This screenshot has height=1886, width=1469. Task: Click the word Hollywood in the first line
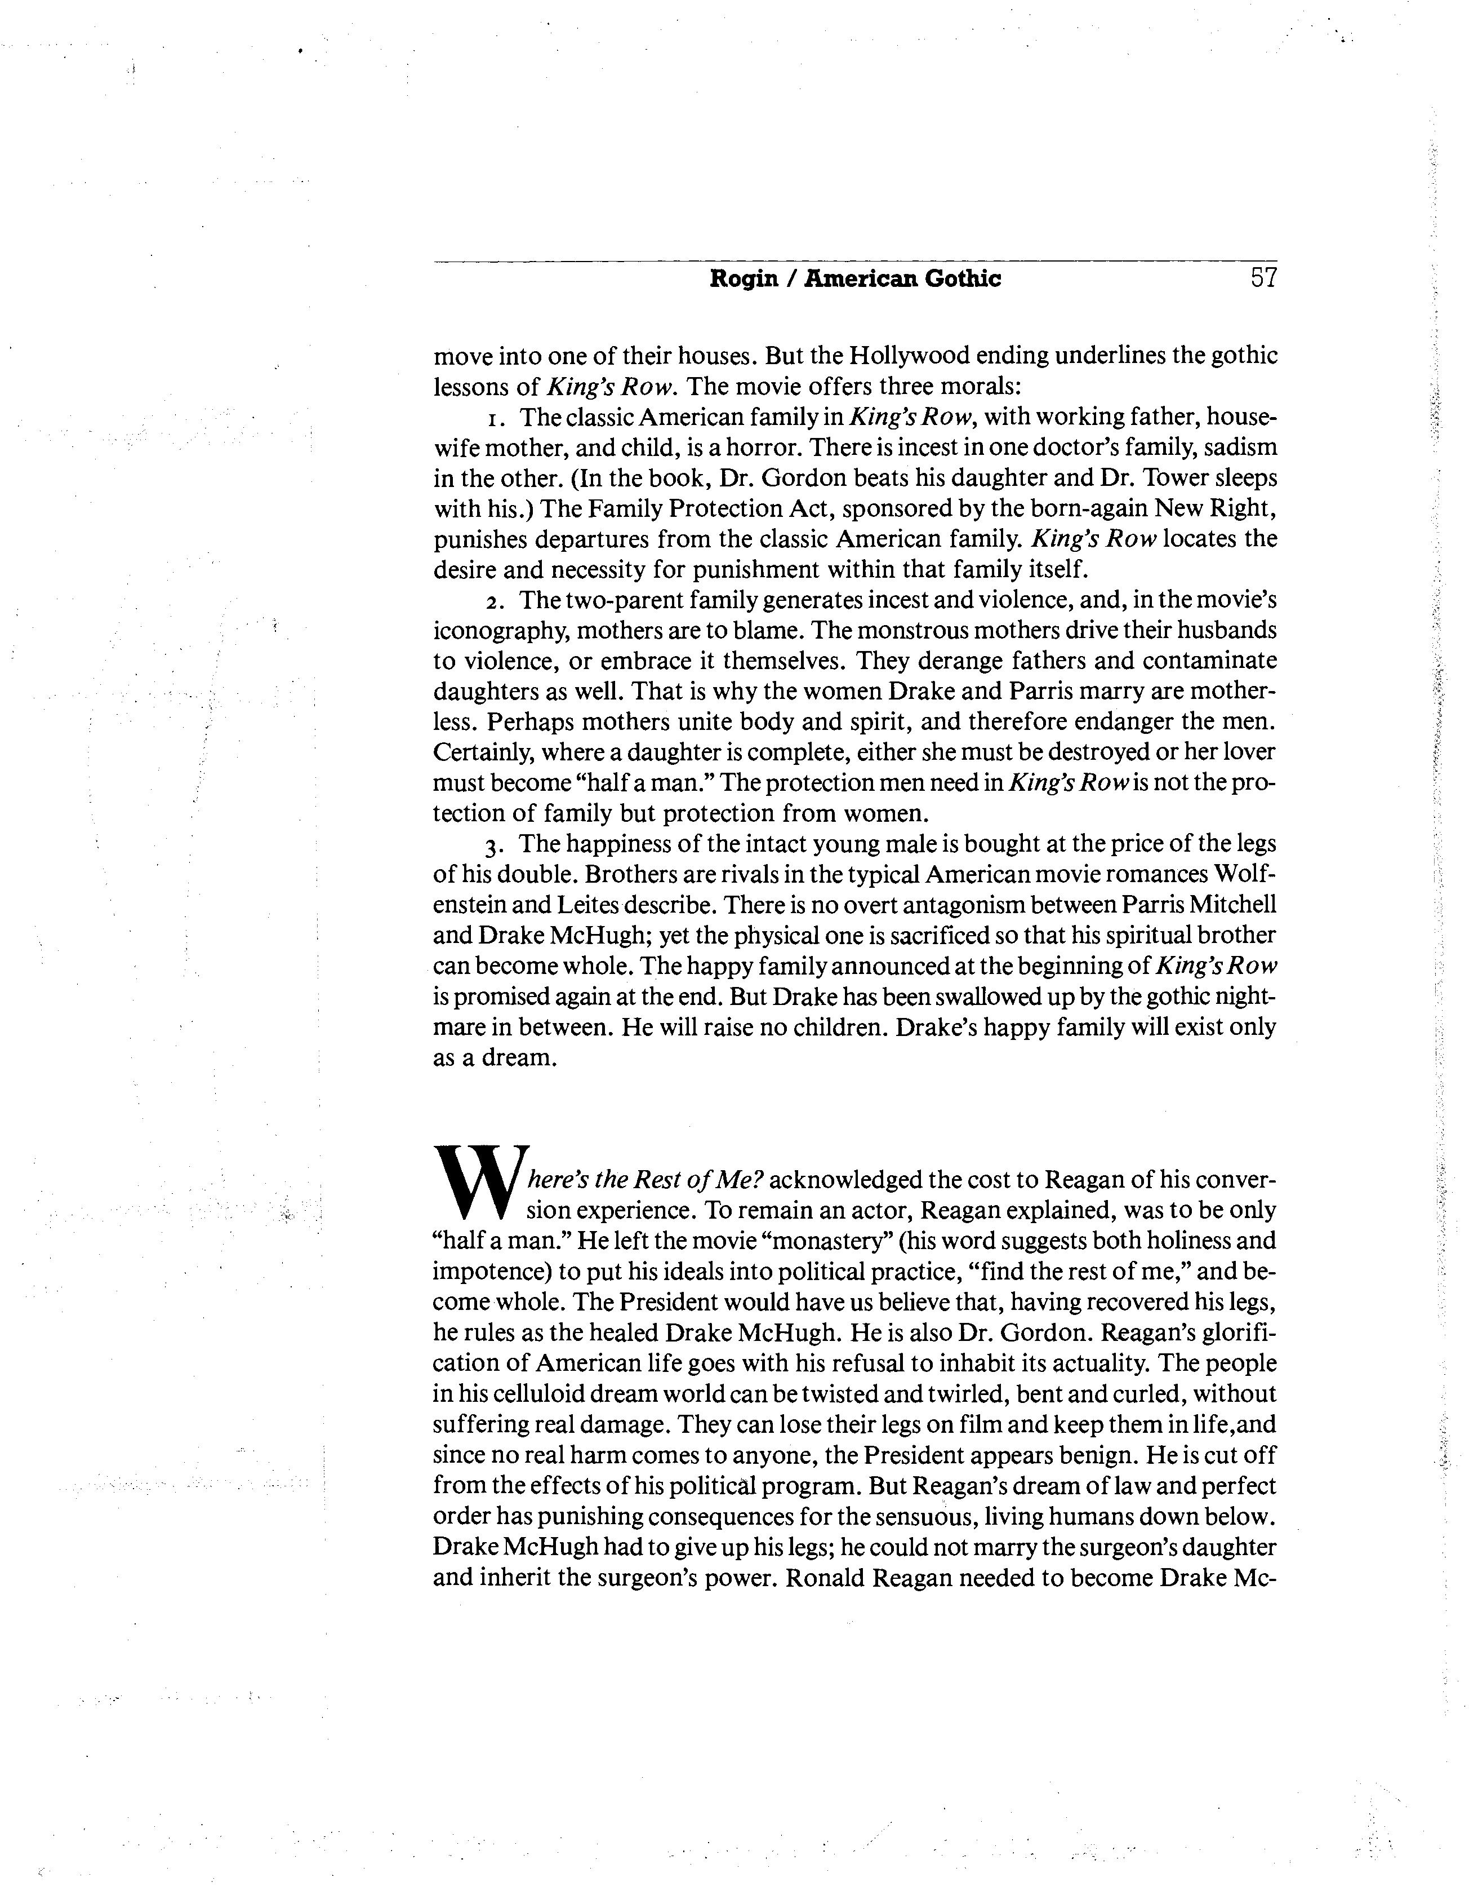[x=906, y=356]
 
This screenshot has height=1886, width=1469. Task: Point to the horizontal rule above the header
[x=854, y=261]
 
